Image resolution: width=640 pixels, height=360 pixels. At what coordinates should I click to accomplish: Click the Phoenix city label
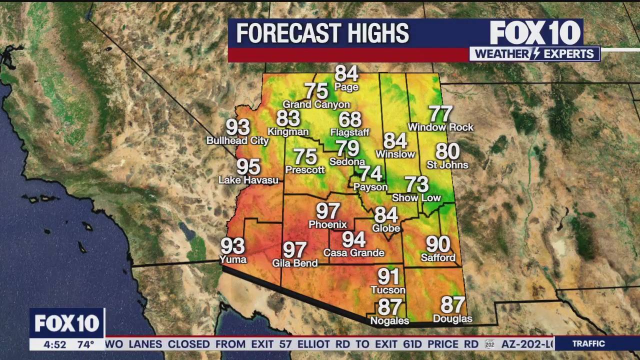pyautogui.click(x=327, y=224)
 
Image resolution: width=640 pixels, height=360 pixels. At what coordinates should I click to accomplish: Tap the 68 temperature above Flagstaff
pyautogui.click(x=349, y=119)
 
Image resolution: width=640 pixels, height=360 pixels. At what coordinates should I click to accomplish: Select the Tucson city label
pyautogui.click(x=388, y=290)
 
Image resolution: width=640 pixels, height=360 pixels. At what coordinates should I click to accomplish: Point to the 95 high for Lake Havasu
pyautogui.click(x=248, y=166)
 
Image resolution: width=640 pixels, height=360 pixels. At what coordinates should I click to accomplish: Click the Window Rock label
pyautogui.click(x=440, y=127)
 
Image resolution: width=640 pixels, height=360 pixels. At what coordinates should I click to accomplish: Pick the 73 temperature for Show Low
pyautogui.click(x=416, y=184)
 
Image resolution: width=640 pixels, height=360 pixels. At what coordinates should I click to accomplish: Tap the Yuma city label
pyautogui.click(x=233, y=259)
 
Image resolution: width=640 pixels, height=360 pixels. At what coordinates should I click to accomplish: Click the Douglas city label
pyautogui.click(x=452, y=319)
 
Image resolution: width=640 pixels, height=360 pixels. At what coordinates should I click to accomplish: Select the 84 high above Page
pyautogui.click(x=346, y=73)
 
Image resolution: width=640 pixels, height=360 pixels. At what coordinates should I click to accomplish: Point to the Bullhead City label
pyautogui.click(x=237, y=141)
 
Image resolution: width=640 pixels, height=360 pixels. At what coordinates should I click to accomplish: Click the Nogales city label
pyautogui.click(x=389, y=321)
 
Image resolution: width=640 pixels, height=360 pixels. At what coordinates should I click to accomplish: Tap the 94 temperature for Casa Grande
pyautogui.click(x=353, y=240)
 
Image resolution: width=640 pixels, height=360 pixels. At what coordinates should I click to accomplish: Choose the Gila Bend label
pyautogui.click(x=294, y=263)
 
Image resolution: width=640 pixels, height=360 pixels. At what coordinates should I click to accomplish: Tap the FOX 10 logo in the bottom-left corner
pyautogui.click(x=67, y=323)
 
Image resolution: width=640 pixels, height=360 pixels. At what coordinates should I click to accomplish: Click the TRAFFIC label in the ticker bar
pyautogui.click(x=588, y=343)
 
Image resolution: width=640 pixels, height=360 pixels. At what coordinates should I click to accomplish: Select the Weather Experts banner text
pyautogui.click(x=534, y=54)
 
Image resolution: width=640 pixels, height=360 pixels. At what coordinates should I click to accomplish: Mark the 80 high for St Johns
pyautogui.click(x=447, y=151)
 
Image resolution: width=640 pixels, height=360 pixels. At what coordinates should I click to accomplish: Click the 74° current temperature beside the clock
pyautogui.click(x=85, y=344)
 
